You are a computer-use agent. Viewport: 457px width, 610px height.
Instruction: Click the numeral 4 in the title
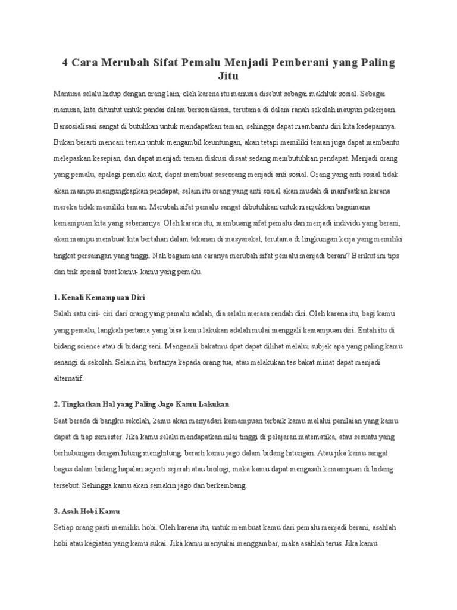pyautogui.click(x=65, y=63)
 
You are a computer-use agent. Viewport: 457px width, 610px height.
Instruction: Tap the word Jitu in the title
pyautogui.click(x=228, y=77)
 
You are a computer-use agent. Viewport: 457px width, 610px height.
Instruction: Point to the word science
pyautogui.click(x=94, y=346)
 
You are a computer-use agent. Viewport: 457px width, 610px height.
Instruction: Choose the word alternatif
pyautogui.click(x=70, y=378)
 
